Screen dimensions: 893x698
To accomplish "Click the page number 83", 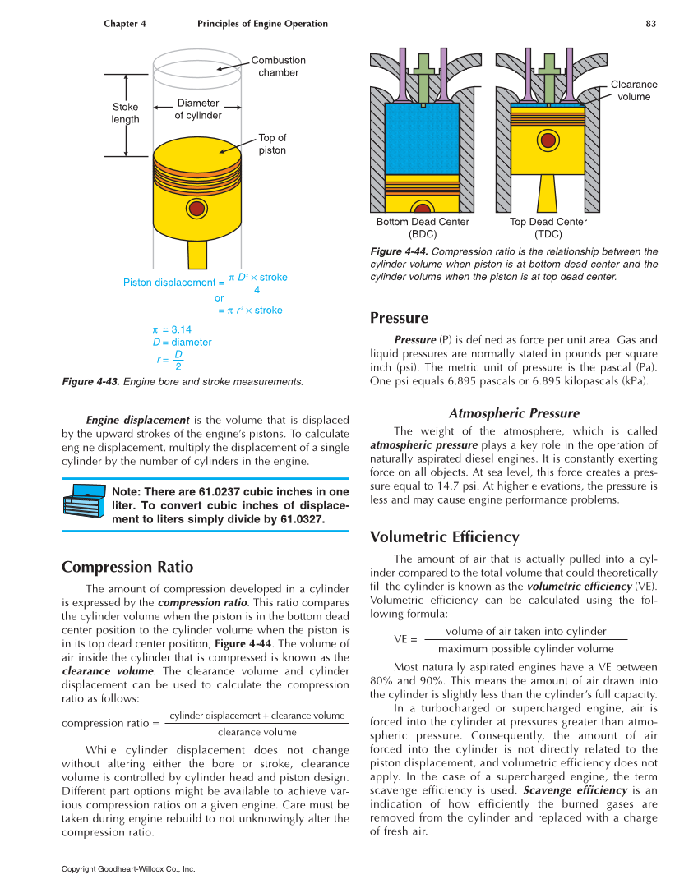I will click(x=650, y=24).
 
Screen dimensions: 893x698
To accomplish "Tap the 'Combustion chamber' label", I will click(x=278, y=67).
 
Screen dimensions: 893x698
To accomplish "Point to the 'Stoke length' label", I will click(x=126, y=113).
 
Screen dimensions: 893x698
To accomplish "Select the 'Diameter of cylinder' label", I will click(x=197, y=109).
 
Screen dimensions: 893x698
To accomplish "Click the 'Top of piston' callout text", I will click(x=272, y=144).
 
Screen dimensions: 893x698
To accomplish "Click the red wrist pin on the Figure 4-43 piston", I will click(x=196, y=208).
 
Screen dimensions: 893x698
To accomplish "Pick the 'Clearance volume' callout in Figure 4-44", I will click(x=634, y=90).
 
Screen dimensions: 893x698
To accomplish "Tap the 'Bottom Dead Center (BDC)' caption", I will click(x=423, y=228).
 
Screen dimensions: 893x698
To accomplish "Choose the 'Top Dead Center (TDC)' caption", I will click(x=548, y=228).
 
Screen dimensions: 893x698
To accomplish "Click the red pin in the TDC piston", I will click(x=548, y=140).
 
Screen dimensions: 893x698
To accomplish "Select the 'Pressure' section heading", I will click(x=399, y=318).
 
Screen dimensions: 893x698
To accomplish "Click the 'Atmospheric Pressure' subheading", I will click(x=514, y=413).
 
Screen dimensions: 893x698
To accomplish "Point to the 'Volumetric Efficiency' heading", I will click(x=444, y=537).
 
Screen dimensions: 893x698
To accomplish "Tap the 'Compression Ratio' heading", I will click(x=127, y=567).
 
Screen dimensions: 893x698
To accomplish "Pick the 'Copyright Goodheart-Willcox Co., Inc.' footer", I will click(x=128, y=868).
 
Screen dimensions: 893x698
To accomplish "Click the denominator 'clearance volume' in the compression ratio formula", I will click(x=257, y=732).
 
